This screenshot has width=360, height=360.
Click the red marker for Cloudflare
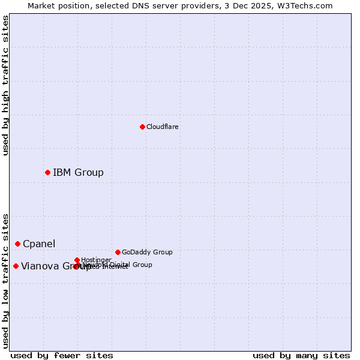tap(142, 127)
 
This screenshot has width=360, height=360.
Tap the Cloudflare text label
tap(162, 127)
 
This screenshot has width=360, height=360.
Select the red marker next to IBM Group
tap(47, 172)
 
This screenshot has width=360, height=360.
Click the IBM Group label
tap(78, 173)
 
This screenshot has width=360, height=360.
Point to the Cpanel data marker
tap(17, 244)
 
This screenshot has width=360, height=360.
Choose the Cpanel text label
tap(39, 244)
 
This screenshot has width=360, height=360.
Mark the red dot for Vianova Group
tap(16, 266)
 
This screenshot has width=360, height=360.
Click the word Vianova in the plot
tap(39, 266)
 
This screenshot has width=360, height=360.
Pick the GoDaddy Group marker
tap(118, 252)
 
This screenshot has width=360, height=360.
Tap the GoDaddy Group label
tap(147, 252)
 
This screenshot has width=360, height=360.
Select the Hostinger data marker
tap(77, 260)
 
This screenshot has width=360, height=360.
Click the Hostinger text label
tap(96, 260)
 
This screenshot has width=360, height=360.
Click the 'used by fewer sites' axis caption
tap(62, 355)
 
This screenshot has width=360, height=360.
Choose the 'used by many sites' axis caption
tap(301, 355)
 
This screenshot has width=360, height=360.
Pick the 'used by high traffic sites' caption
tap(5, 85)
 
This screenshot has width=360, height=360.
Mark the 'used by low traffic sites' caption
tap(5, 280)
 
